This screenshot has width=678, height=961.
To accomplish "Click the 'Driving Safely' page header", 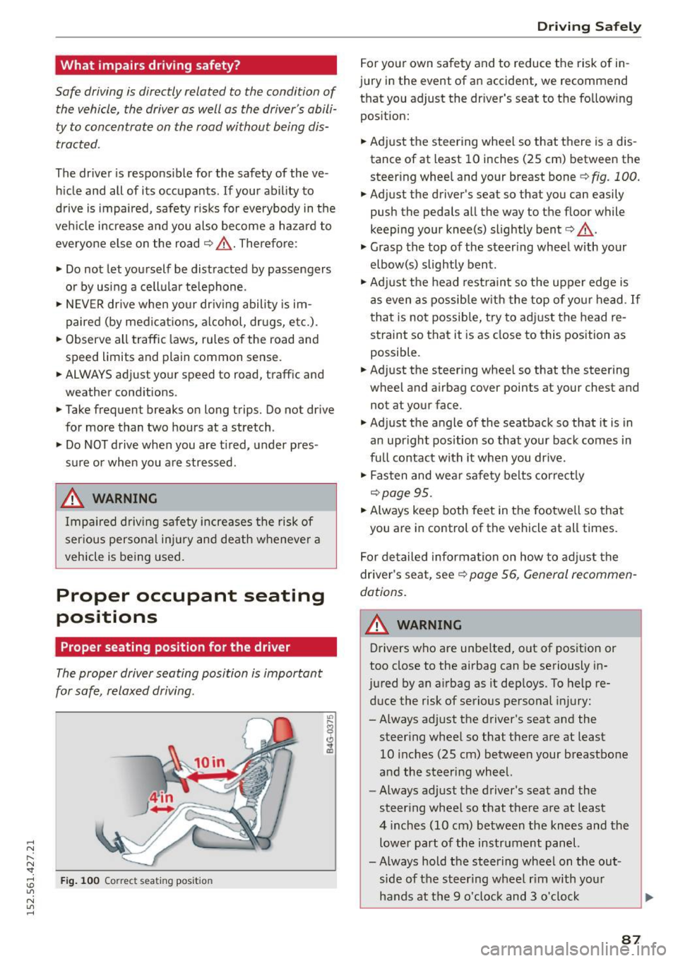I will coord(588,27).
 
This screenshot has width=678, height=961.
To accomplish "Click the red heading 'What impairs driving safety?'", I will coord(150,66).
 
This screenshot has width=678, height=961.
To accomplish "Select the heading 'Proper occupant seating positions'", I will coord(190,606).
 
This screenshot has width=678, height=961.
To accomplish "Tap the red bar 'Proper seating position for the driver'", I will coord(175,647).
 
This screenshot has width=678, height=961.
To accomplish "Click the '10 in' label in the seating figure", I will coord(209,763).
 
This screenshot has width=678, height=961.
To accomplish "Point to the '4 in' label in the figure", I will coord(160,798).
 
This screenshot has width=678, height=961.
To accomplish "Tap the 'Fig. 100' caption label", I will coord(80,881).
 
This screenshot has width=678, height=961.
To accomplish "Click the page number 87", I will coord(631,940).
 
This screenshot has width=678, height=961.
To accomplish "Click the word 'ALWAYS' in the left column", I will coord(88,375).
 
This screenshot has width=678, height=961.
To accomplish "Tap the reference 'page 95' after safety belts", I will coord(406,493).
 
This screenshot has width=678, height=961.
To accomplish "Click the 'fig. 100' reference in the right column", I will coord(614,177).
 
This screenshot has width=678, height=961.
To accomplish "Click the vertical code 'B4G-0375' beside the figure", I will coord(329,735).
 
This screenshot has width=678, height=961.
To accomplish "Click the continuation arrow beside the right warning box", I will coord(648,897).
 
